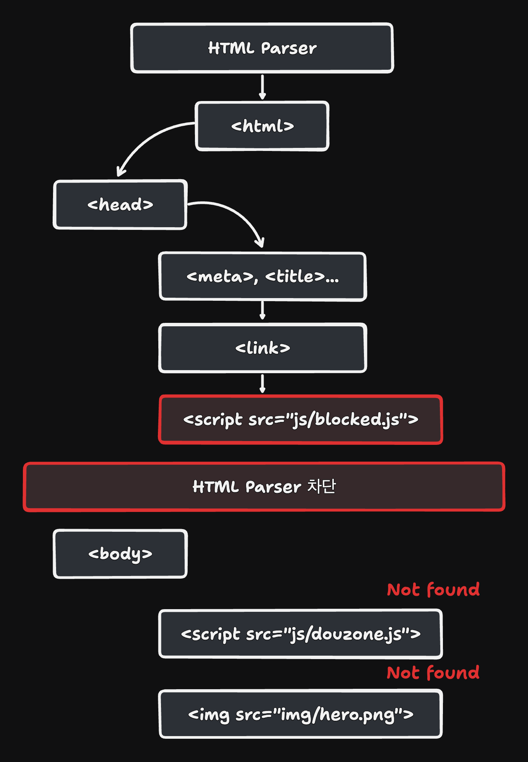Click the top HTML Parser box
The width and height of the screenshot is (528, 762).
pyautogui.click(x=262, y=48)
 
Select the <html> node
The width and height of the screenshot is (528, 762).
pyautogui.click(x=262, y=126)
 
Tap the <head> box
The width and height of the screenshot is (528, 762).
pyautogui.click(x=120, y=205)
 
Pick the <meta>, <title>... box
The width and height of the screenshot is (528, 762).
pyautogui.click(x=262, y=276)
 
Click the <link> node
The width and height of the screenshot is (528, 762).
pyautogui.click(x=262, y=348)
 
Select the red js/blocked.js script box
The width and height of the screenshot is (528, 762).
pyautogui.click(x=301, y=420)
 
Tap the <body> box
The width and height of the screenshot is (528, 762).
pyautogui.click(x=120, y=554)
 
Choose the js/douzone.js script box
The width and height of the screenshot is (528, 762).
pyautogui.click(x=301, y=634)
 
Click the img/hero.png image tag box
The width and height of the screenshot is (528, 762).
pyautogui.click(x=301, y=714)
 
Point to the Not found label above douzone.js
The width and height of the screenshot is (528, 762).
pyautogui.click(x=433, y=590)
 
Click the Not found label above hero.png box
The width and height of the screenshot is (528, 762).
pyautogui.click(x=433, y=673)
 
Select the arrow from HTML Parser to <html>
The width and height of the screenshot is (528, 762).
pyautogui.click(x=262, y=87)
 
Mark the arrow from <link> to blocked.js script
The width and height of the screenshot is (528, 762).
pyautogui.click(x=262, y=383)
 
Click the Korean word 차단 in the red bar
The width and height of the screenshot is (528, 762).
pyautogui.click(x=321, y=486)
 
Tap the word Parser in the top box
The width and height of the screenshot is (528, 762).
pyautogui.click(x=289, y=48)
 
